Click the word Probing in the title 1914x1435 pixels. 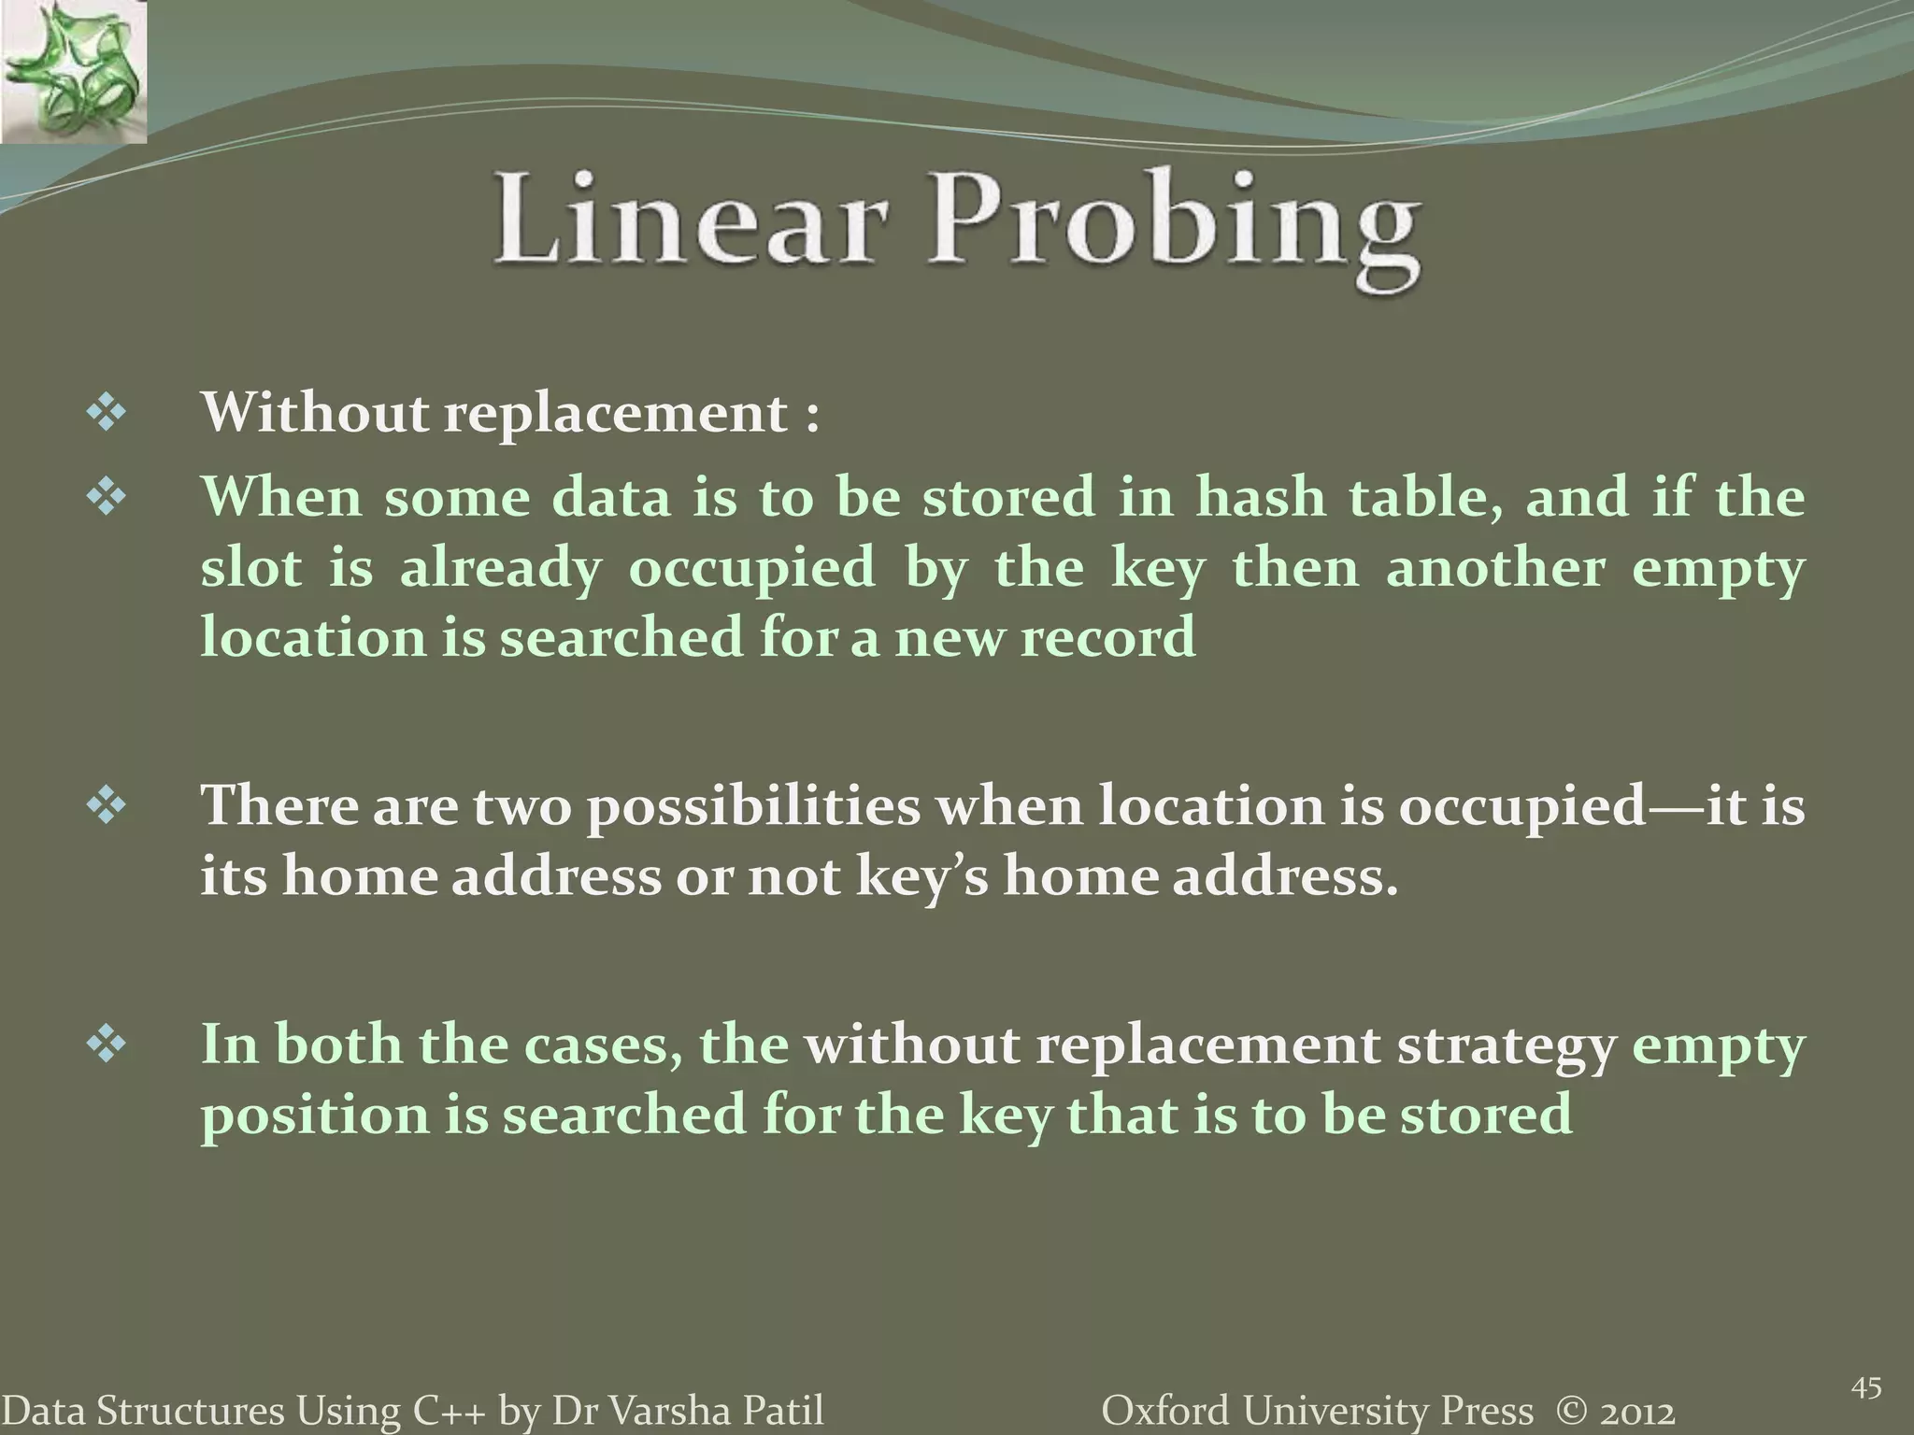point(1174,224)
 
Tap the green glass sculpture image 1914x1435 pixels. point(73,72)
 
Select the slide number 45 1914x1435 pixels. point(1865,1388)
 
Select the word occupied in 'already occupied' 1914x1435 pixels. point(752,568)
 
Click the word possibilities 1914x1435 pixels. point(753,807)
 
